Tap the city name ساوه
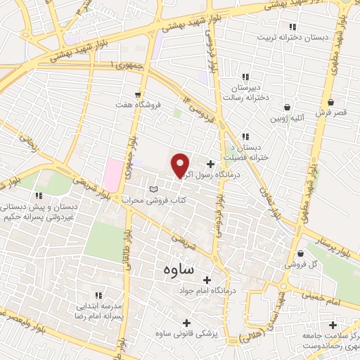[182, 269]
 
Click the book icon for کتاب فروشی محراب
[155, 189]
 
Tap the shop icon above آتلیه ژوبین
[288, 107]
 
